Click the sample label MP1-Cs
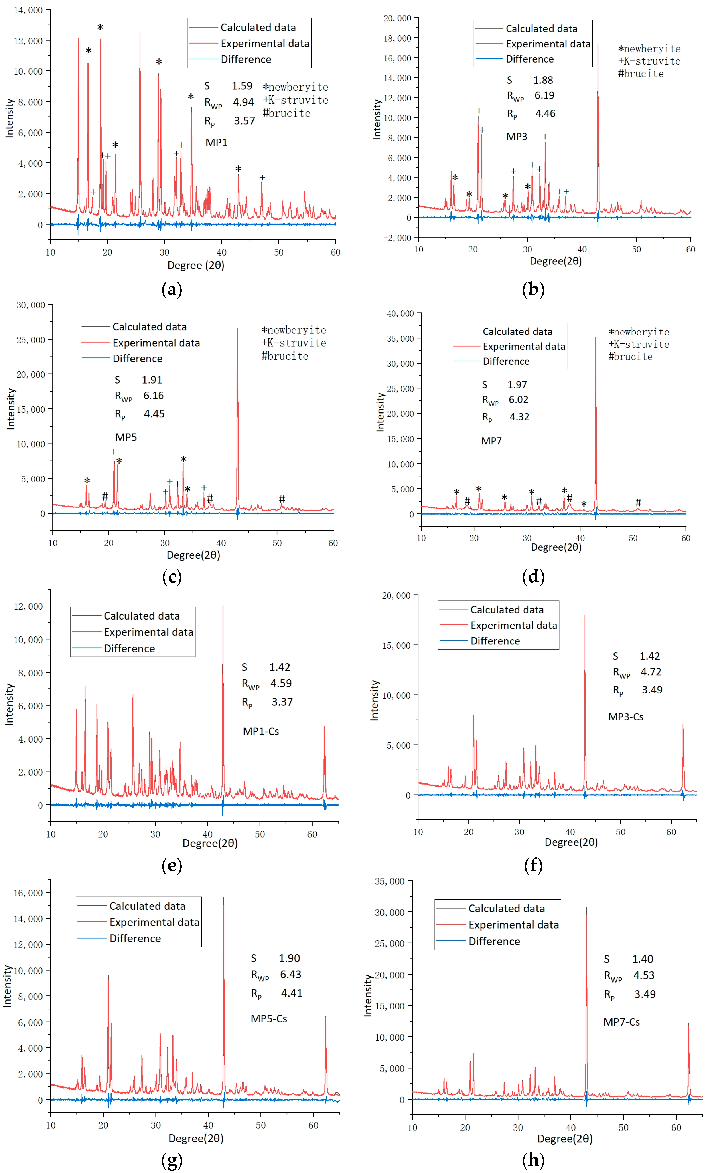(261, 731)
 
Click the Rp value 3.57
(244, 121)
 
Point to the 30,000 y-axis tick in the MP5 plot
(31, 305)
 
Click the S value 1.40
(642, 959)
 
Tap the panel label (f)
(533, 865)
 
